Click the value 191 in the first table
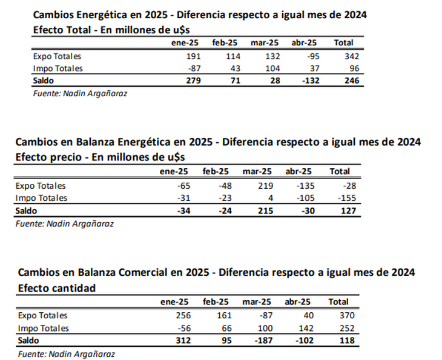(193, 56)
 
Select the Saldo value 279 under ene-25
(193, 80)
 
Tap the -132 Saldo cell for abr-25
(311, 80)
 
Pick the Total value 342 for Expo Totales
(352, 56)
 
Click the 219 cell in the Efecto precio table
(266, 186)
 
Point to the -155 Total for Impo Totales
(347, 198)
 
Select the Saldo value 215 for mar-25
(266, 211)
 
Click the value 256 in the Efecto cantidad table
(183, 315)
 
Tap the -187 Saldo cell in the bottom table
(263, 340)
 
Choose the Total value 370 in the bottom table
(347, 315)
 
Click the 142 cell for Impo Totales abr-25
(306, 328)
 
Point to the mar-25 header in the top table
(265, 43)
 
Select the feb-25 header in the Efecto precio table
(216, 172)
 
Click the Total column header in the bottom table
(338, 302)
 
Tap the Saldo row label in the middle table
(26, 211)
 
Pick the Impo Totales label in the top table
(58, 68)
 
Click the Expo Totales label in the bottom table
(42, 315)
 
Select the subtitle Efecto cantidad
(57, 288)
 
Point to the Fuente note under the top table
(80, 94)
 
